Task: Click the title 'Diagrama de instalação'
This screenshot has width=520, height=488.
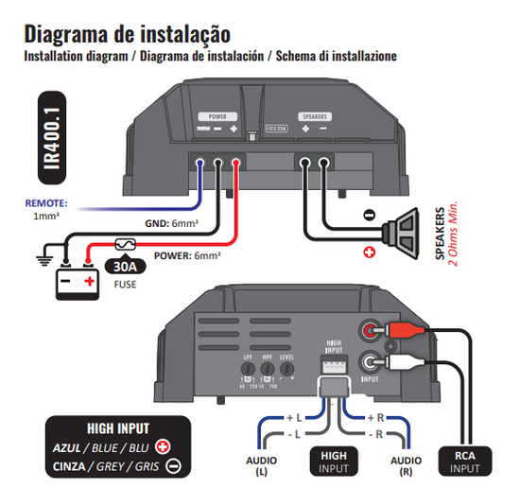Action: point(126,34)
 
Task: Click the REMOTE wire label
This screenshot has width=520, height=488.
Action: point(46,202)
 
